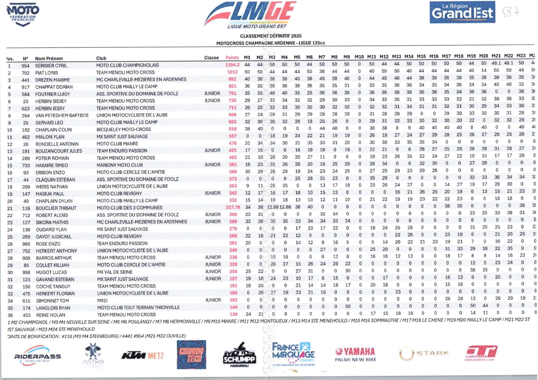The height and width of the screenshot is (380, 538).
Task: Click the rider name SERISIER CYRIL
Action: [x=51, y=65]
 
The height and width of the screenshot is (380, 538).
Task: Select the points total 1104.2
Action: [x=233, y=65]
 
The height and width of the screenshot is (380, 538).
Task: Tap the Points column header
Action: [x=233, y=57]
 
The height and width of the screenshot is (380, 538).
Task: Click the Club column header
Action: [x=101, y=58]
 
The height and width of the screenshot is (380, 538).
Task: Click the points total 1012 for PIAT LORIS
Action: [x=233, y=72]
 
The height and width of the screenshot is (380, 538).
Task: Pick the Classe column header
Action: [x=211, y=58]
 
